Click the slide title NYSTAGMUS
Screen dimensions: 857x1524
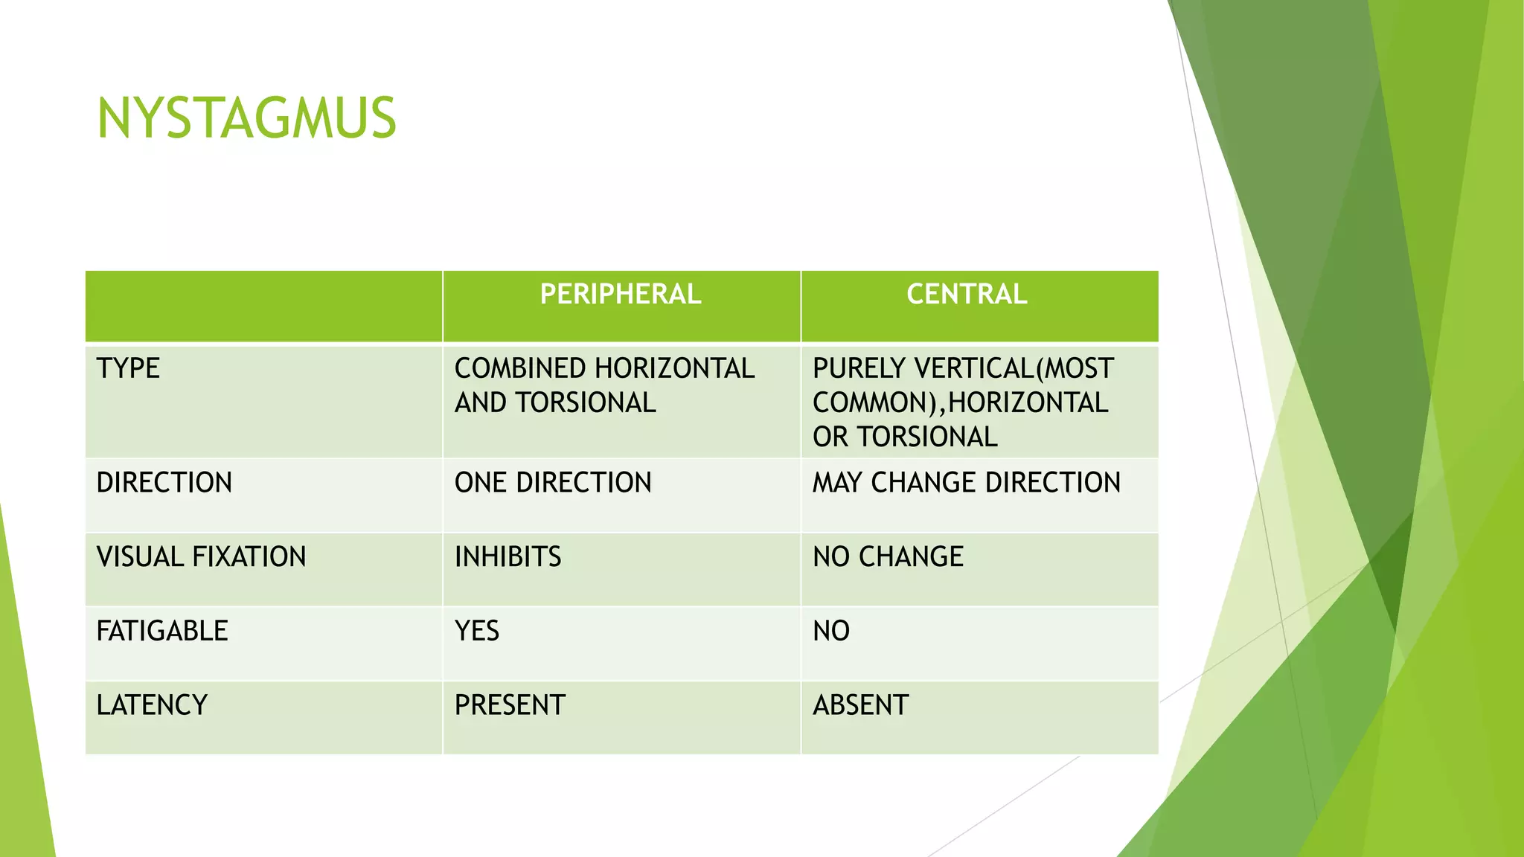pyautogui.click(x=246, y=119)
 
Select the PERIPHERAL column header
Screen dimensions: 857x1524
pyautogui.click(x=620, y=294)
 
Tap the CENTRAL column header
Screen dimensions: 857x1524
pyautogui.click(x=966, y=294)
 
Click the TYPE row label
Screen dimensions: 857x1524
pyautogui.click(x=128, y=368)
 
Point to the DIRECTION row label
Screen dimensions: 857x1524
pyautogui.click(x=164, y=482)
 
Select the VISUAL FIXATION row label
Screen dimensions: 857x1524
pyautogui.click(x=201, y=556)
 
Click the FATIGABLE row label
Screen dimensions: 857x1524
pyautogui.click(x=162, y=631)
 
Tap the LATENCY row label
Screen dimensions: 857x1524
pyautogui.click(x=152, y=704)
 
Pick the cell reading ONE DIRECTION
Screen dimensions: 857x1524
pyautogui.click(x=553, y=482)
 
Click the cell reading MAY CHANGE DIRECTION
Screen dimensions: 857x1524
pyautogui.click(x=966, y=482)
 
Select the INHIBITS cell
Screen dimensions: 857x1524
pyautogui.click(x=508, y=556)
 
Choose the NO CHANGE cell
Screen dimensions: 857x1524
pyautogui.click(x=888, y=556)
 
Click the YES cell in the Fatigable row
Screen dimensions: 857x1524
pyautogui.click(x=477, y=631)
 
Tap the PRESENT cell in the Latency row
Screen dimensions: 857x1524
pyautogui.click(x=510, y=704)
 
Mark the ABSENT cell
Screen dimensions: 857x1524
pyautogui.click(x=860, y=704)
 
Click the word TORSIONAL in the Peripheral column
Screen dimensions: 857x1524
pyautogui.click(x=586, y=402)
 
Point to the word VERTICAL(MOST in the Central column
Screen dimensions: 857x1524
pyautogui.click(x=1014, y=368)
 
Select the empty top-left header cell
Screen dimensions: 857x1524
pyautogui.click(x=263, y=306)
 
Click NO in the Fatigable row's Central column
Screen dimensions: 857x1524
pyautogui.click(x=831, y=631)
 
